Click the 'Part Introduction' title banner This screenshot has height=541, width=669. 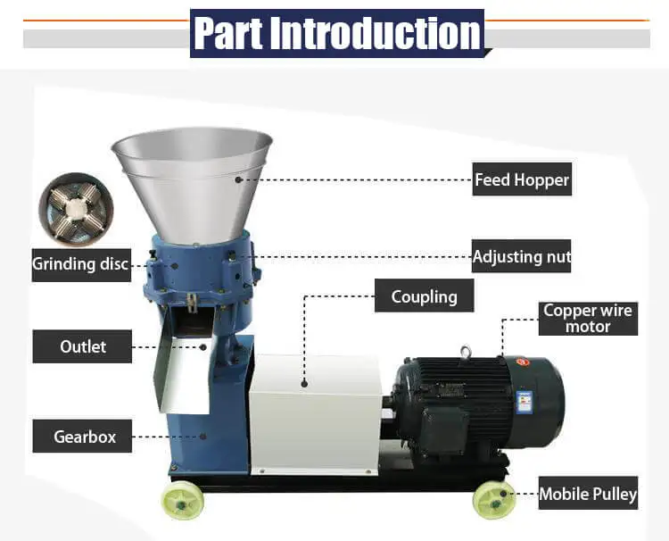[x=336, y=33]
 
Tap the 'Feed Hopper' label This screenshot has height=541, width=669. [x=521, y=179]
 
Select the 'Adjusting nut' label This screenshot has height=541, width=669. [x=521, y=256]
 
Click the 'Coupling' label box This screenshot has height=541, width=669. [x=424, y=296]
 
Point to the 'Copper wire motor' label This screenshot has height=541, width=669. [x=588, y=319]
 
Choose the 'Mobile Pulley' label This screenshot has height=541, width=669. [x=588, y=494]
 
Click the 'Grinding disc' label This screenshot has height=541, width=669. [x=80, y=264]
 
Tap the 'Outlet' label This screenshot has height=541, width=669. [x=83, y=346]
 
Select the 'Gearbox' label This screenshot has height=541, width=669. [x=83, y=437]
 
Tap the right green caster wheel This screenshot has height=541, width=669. [x=493, y=500]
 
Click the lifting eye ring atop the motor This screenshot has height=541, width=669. [x=467, y=353]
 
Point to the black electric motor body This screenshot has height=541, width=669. [x=464, y=402]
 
